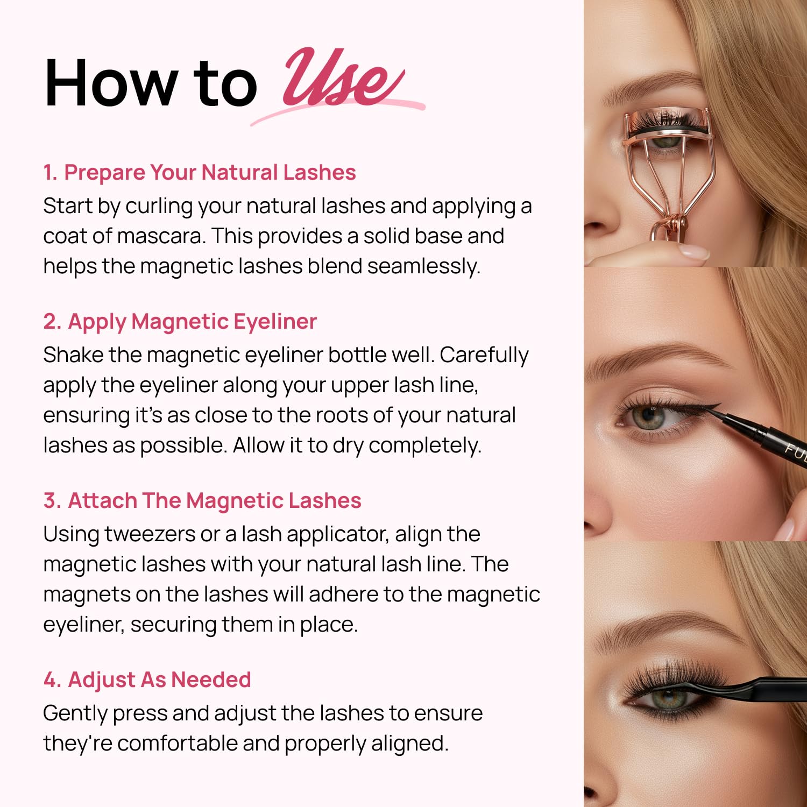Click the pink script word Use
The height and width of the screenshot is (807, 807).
click(342, 80)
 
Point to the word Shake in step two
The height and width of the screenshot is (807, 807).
click(73, 355)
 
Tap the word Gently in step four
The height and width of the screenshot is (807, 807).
click(75, 714)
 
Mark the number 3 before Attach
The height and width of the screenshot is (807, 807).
click(52, 501)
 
